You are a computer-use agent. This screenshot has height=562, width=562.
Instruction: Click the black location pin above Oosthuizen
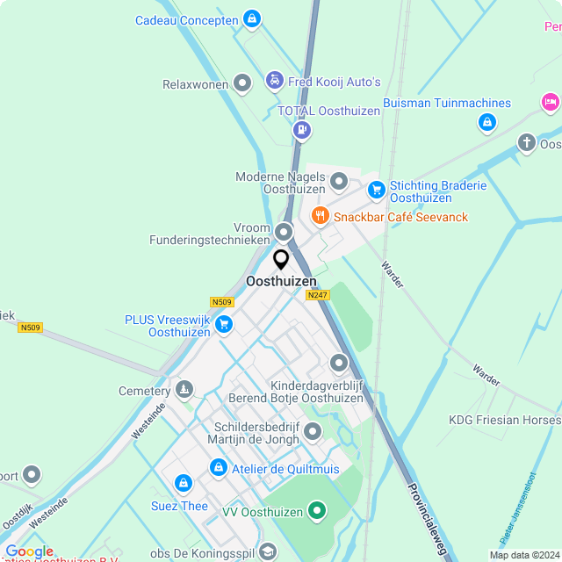coord(281,260)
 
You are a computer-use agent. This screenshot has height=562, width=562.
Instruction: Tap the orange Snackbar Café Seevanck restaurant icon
coord(320,216)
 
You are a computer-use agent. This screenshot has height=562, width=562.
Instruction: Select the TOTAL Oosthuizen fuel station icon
coord(302,131)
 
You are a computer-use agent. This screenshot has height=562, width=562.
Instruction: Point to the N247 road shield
coord(317,295)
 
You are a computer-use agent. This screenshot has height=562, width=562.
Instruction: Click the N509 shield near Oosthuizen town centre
coord(222,300)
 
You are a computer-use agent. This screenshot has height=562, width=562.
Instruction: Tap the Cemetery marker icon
coord(184,389)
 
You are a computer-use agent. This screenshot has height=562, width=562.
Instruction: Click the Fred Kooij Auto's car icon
coord(274,81)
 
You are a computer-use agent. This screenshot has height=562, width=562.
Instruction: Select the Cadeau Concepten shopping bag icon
coord(252,18)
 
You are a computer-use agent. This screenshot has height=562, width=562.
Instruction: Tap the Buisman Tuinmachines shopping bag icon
coord(487,123)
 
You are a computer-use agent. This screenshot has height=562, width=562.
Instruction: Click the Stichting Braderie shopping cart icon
coord(376,190)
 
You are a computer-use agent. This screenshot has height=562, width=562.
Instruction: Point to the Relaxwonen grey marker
coord(243,84)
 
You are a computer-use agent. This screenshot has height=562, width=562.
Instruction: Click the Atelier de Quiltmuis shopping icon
coord(218,469)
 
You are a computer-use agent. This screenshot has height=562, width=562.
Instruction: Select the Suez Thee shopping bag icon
coord(183,484)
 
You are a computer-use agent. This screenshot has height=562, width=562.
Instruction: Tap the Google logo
coord(28,551)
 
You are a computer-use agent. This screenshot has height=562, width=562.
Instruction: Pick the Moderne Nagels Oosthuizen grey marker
coord(339,182)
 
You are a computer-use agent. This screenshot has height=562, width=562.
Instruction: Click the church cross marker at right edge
coord(526,142)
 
